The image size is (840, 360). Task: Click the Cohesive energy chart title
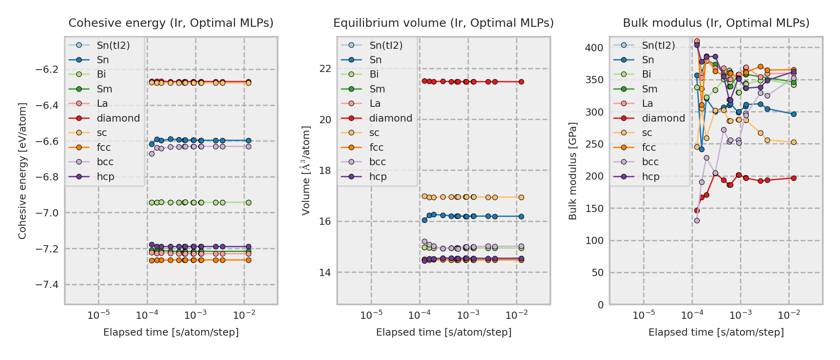(x=171, y=23)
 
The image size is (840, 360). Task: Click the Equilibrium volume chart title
(x=443, y=23)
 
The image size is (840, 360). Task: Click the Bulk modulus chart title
(x=716, y=23)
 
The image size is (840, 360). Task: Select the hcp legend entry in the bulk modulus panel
(x=651, y=177)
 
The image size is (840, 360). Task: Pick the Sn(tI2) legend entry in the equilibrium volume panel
(x=386, y=46)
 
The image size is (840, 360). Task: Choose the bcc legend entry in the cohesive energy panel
(x=105, y=162)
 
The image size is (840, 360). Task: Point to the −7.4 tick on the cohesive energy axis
(x=47, y=285)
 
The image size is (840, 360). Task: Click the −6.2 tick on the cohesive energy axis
(x=47, y=70)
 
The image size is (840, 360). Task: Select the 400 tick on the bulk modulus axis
(x=594, y=48)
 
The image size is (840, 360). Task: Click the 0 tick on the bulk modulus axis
(x=600, y=305)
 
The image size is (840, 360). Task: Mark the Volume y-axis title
(x=306, y=171)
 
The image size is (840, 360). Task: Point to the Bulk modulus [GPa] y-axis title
(x=573, y=171)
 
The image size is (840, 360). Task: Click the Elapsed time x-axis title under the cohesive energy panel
(x=171, y=332)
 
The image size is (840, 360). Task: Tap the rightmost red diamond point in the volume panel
(x=521, y=82)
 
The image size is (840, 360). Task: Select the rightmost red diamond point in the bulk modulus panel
(x=794, y=178)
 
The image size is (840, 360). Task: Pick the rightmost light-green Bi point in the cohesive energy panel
(x=248, y=202)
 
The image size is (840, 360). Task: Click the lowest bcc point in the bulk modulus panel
(x=697, y=220)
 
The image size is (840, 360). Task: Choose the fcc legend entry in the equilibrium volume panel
(x=376, y=148)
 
